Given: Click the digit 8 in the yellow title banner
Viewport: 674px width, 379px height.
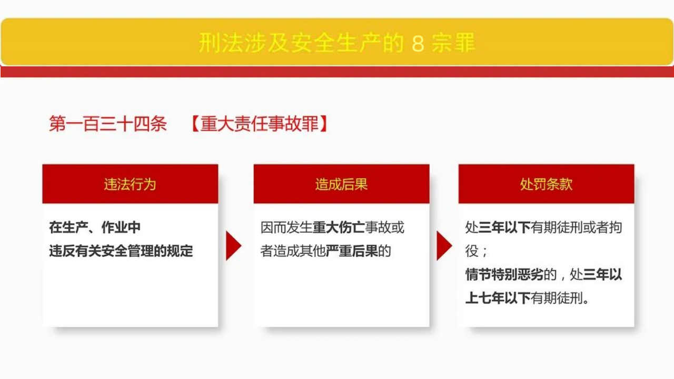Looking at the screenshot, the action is pyautogui.click(x=418, y=43).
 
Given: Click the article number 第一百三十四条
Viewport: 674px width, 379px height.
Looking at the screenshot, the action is pyautogui.click(x=108, y=124).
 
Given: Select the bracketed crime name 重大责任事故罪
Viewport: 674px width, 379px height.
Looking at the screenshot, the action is pyautogui.click(x=260, y=124).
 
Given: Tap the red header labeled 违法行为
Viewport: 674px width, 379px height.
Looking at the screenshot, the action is pyautogui.click(x=130, y=184).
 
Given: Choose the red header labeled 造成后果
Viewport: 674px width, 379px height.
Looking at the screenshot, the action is pyautogui.click(x=342, y=184).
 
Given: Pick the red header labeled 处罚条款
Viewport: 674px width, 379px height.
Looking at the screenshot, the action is pyautogui.click(x=547, y=184).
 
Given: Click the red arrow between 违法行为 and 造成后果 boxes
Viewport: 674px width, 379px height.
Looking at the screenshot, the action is pyautogui.click(x=233, y=245).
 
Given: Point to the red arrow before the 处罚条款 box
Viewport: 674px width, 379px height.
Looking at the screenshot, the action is pyautogui.click(x=444, y=245).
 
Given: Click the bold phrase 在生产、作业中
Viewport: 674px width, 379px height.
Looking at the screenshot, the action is pyautogui.click(x=95, y=227).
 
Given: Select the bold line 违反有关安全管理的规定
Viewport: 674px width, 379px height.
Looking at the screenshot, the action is pyautogui.click(x=121, y=251).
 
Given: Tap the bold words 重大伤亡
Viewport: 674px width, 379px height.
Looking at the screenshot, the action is pyautogui.click(x=339, y=227).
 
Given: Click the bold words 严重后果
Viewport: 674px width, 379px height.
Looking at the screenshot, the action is pyautogui.click(x=352, y=251).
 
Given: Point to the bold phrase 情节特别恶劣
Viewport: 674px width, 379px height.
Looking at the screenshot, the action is pyautogui.click(x=504, y=275).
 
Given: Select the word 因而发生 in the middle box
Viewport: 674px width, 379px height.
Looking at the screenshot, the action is pyautogui.click(x=286, y=227).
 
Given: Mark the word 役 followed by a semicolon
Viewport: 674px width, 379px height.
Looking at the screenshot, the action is pyautogui.click(x=472, y=251).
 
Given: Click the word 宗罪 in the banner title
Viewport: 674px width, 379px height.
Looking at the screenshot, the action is pyautogui.click(x=453, y=43).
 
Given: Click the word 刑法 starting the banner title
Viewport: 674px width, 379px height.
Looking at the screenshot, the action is pyautogui.click(x=221, y=43).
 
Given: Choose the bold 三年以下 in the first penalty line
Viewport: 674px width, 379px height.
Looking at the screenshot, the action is pyautogui.click(x=504, y=227).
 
